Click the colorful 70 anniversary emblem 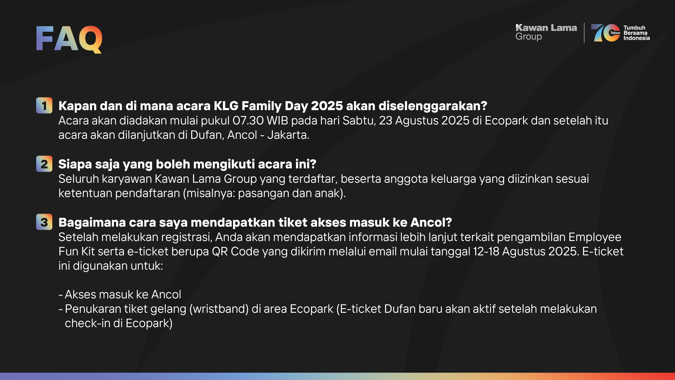coord(606,33)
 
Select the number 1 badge coord(44,105)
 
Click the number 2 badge coord(44,164)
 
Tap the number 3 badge coord(44,222)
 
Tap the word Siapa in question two coord(75,164)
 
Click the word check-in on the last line coord(87,323)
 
